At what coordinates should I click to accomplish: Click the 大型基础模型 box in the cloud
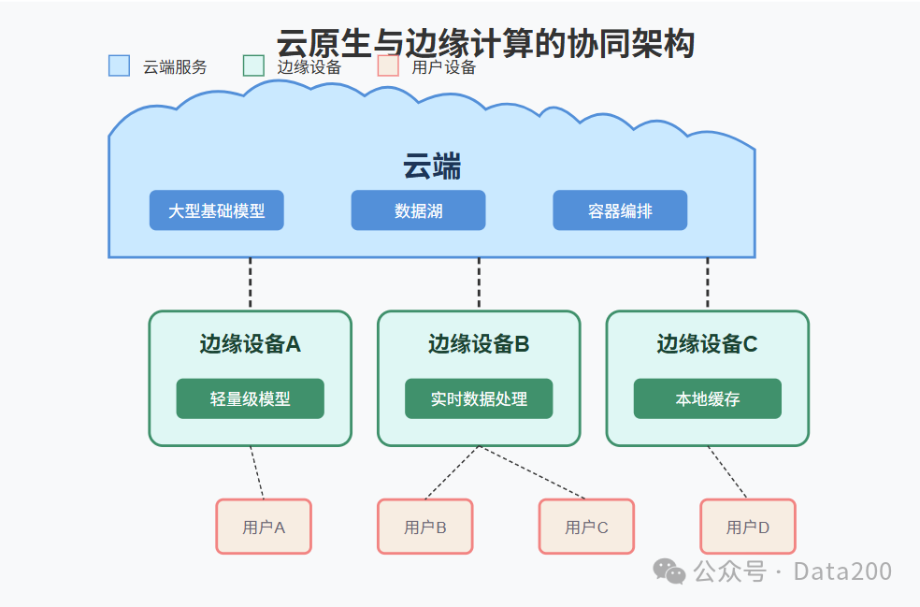click(216, 210)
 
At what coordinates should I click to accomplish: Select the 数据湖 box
click(418, 210)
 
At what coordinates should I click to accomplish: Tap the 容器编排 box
click(620, 210)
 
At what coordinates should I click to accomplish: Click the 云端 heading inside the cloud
click(432, 167)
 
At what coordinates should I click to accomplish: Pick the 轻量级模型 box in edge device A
click(250, 398)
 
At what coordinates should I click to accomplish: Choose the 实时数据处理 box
click(479, 398)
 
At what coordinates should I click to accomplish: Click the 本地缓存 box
click(707, 398)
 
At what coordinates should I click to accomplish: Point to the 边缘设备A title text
click(250, 344)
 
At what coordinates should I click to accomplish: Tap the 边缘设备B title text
click(479, 344)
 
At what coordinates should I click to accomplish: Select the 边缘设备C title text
click(707, 344)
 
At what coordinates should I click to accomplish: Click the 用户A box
click(264, 527)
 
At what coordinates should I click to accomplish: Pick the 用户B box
click(425, 527)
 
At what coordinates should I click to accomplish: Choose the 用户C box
click(586, 527)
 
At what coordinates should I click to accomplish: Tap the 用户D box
click(748, 527)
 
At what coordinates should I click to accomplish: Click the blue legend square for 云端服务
click(119, 65)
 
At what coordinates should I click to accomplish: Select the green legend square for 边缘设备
click(253, 65)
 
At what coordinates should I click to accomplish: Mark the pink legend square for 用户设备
click(388, 65)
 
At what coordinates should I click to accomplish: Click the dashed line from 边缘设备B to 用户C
click(533, 473)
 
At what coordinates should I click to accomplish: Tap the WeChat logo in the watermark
click(668, 571)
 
